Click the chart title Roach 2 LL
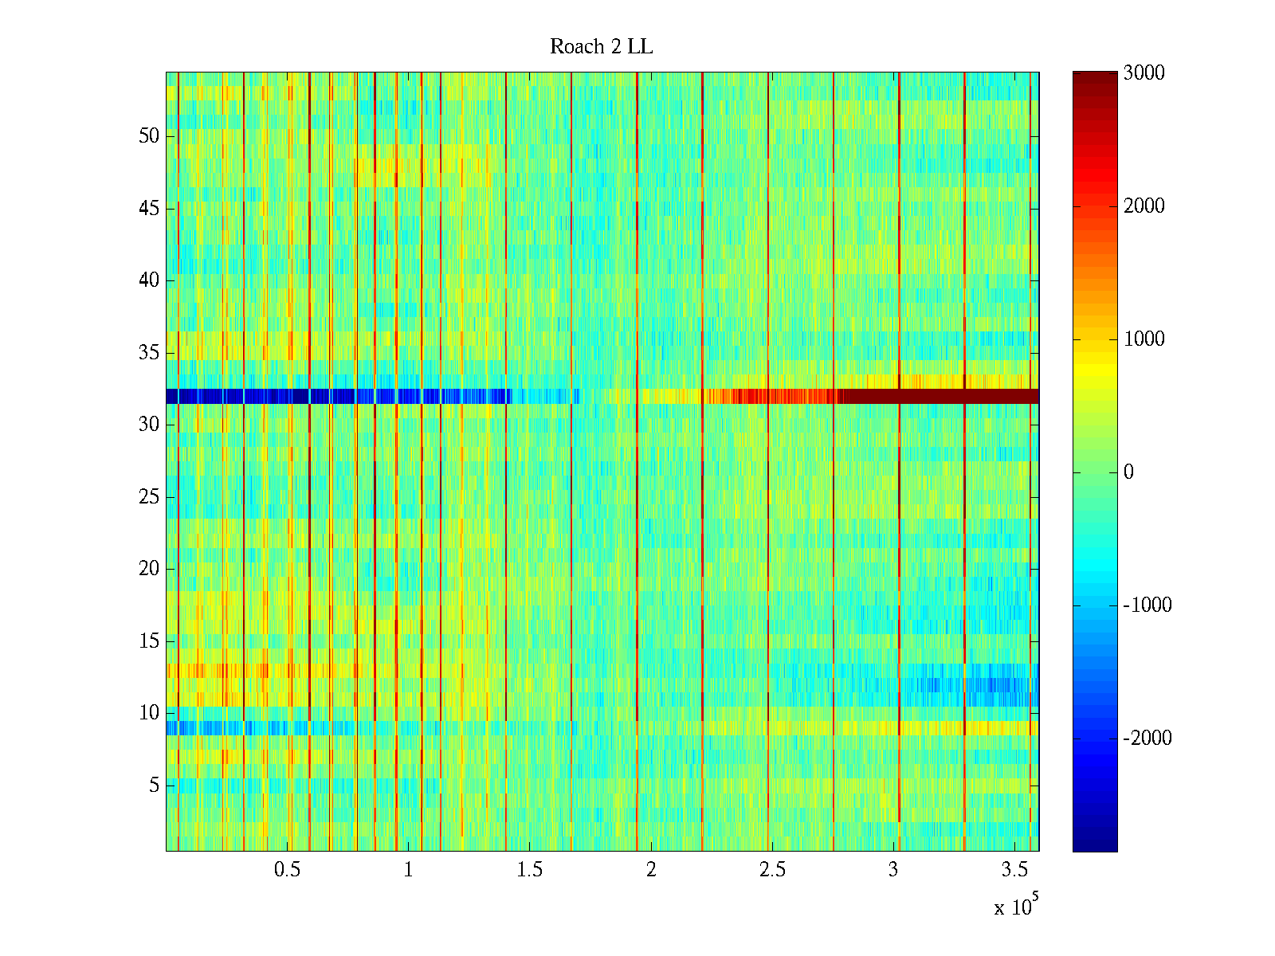601,47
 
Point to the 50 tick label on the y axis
149,136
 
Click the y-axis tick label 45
149,209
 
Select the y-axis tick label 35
149,353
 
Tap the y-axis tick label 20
149,569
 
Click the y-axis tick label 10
149,713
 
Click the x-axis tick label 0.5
287,870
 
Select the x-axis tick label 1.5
529,870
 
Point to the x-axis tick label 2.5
772,870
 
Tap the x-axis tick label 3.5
1014,870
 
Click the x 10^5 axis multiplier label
1016,907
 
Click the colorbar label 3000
1144,73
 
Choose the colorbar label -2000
1147,739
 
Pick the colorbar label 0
1128,472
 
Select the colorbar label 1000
1144,339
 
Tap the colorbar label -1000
1147,605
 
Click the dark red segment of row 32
940,396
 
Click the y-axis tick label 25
149,497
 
